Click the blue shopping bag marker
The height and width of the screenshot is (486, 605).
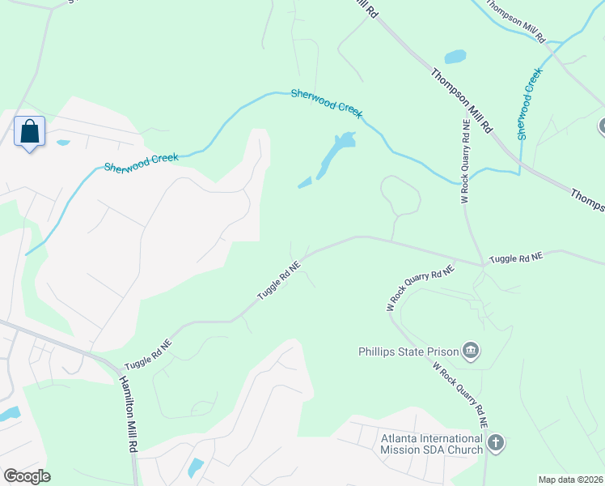pos(29,131)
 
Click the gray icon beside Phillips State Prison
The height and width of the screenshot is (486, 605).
pos(471,352)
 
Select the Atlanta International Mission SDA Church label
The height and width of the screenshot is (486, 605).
pos(432,444)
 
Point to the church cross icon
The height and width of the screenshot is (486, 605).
pos(495,443)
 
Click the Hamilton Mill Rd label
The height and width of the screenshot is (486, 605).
pos(129,414)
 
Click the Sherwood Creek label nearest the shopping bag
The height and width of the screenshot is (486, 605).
pos(141,162)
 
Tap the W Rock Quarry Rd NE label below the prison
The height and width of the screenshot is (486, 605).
pos(461,394)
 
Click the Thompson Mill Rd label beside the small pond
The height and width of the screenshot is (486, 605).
pos(461,100)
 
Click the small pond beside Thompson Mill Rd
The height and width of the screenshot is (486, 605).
pos(455,57)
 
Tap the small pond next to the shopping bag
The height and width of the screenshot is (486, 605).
pos(63,143)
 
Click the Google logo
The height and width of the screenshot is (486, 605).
pos(27,475)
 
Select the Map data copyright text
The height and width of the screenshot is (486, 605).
pos(570,480)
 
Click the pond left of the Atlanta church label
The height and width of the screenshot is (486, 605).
pos(195,467)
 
